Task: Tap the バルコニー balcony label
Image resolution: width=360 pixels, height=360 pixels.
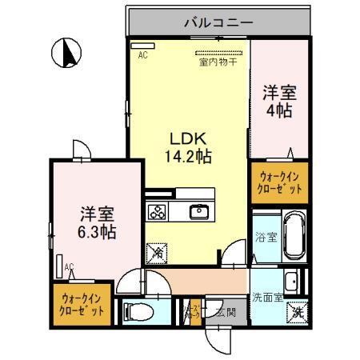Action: (x=217, y=22)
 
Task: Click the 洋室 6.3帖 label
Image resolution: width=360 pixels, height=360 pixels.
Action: (x=96, y=222)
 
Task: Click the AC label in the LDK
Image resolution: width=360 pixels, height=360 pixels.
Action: (x=142, y=55)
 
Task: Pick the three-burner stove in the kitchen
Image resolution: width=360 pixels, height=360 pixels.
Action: (x=157, y=212)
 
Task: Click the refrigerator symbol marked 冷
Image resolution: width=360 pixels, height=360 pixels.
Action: (x=156, y=252)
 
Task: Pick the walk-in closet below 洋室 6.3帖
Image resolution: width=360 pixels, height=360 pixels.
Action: (x=81, y=305)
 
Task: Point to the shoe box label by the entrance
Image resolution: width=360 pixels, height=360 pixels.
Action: (x=192, y=312)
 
